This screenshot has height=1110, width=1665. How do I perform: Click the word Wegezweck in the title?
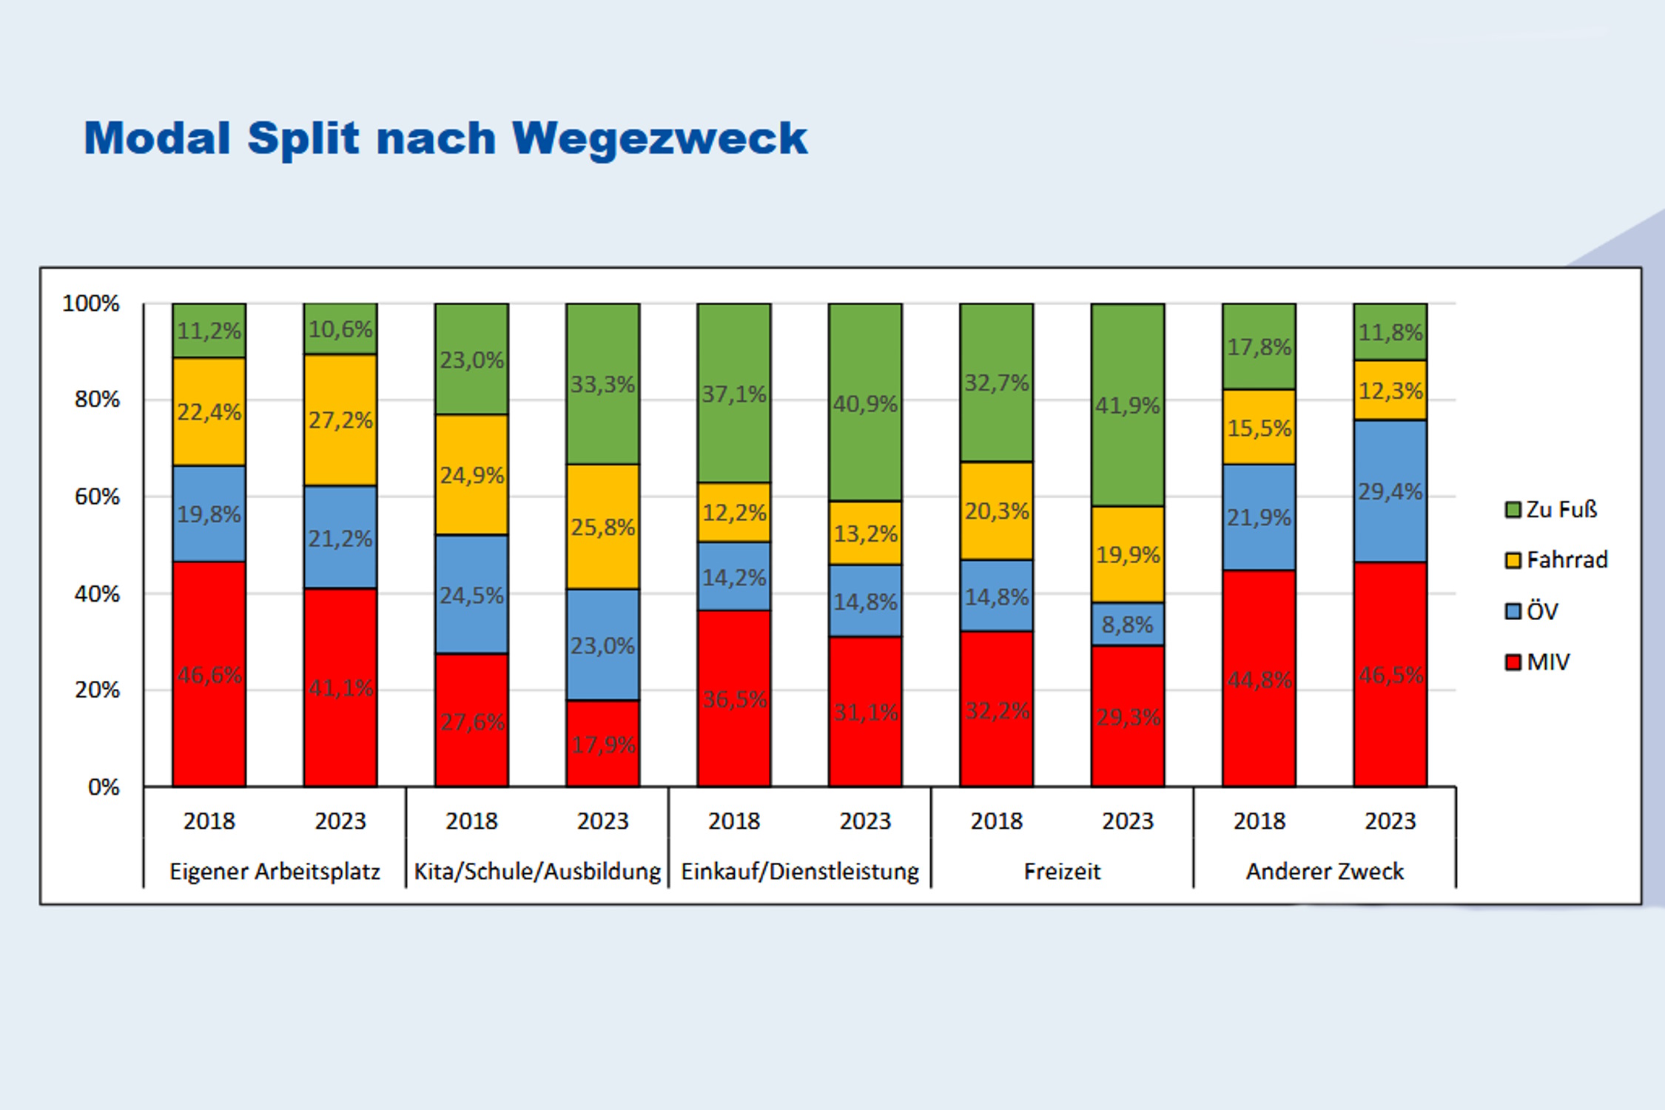tap(659, 138)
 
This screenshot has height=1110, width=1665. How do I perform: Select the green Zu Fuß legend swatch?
tap(1513, 510)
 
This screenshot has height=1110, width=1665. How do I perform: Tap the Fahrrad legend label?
tap(1567, 559)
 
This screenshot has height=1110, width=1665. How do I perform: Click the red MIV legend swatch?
tap(1513, 662)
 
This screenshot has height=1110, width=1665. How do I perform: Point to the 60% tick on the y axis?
tap(97, 497)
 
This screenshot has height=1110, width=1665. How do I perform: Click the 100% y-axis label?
tap(90, 303)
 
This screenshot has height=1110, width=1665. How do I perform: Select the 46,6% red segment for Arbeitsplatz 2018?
tap(209, 673)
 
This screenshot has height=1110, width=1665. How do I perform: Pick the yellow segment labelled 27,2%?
tap(340, 420)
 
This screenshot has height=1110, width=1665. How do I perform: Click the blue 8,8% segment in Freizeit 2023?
tap(1127, 625)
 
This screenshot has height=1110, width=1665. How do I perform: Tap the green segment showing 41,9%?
tap(1127, 405)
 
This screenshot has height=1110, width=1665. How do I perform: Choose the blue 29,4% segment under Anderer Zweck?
tap(1390, 491)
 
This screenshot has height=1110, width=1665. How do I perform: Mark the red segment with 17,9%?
tap(602, 744)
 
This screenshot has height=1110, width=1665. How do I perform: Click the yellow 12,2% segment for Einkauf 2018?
tap(733, 512)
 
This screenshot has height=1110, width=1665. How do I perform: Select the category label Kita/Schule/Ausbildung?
tap(537, 871)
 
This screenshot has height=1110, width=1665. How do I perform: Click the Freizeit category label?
tap(1062, 871)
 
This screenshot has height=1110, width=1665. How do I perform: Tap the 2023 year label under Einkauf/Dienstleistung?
tap(865, 821)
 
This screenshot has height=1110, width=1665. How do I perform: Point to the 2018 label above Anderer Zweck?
tap(1259, 821)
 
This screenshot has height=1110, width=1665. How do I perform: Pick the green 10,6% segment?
tap(340, 329)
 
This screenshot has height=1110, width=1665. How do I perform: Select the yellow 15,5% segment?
tap(1259, 428)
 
